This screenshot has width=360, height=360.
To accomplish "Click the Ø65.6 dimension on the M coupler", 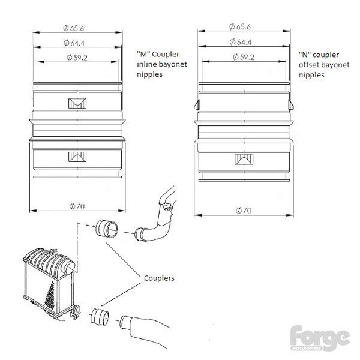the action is tap(73, 28).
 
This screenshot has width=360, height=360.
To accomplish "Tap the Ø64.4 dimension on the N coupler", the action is tap(241, 42).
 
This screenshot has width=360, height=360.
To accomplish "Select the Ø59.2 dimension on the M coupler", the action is tap(77, 58).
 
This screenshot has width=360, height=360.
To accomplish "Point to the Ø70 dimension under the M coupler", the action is tap(77, 206).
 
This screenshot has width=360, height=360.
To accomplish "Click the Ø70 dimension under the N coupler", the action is tap(244, 211).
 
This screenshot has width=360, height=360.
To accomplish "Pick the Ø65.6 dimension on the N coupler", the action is tap(240, 27).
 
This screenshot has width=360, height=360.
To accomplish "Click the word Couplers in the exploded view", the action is tap(159, 278).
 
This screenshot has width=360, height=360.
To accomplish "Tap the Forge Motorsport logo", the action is tap(320, 338).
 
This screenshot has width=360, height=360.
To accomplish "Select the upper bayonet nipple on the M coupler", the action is tap(77, 104).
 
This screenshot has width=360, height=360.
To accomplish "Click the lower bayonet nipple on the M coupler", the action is tap(77, 157).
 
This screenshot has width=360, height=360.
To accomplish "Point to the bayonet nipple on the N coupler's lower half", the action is tap(244, 160).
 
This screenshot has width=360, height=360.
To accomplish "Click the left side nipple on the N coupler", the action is tap(197, 105).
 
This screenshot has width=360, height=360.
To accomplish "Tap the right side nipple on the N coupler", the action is tap(291, 104).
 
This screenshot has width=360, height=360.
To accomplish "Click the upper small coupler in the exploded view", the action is tap(107, 229).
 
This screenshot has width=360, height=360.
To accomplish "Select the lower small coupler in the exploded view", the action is tap(100, 317).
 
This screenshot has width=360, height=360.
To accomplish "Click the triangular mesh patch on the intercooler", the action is tap(50, 296).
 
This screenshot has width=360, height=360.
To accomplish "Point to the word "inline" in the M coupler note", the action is tap(146, 64).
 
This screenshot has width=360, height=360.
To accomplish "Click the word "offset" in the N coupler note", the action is tap(307, 65).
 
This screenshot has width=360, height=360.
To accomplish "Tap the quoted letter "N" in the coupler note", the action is tap(305, 55).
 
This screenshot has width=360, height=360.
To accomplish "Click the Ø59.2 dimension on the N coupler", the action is tap(244, 57).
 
